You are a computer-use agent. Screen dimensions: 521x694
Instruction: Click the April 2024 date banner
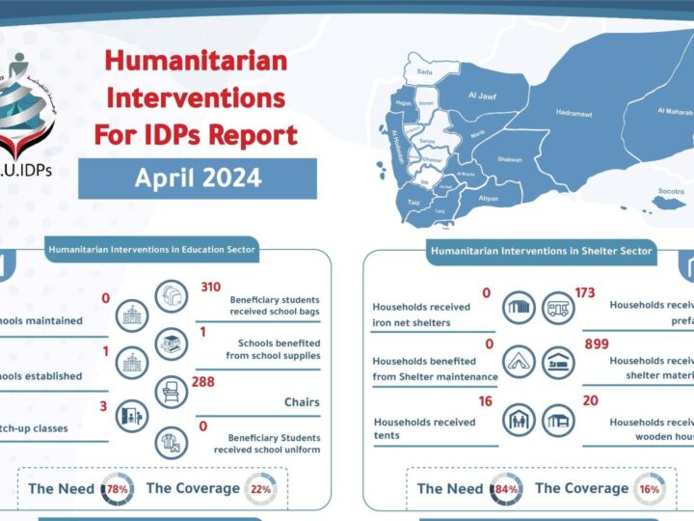(198, 178)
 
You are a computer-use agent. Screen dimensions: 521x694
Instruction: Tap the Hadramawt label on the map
(575, 113)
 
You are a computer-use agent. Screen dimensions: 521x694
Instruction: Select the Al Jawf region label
(481, 96)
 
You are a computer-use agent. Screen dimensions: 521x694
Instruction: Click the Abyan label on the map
(489, 197)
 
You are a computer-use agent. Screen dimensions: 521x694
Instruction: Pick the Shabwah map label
(510, 159)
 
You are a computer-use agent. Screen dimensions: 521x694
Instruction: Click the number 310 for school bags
(210, 287)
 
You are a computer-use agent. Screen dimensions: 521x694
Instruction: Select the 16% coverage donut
(649, 488)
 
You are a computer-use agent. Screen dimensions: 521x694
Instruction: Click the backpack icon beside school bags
(170, 297)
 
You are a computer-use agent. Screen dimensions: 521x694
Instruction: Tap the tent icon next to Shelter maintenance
(520, 361)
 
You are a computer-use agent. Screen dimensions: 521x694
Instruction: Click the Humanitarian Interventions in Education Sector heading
(151, 250)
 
